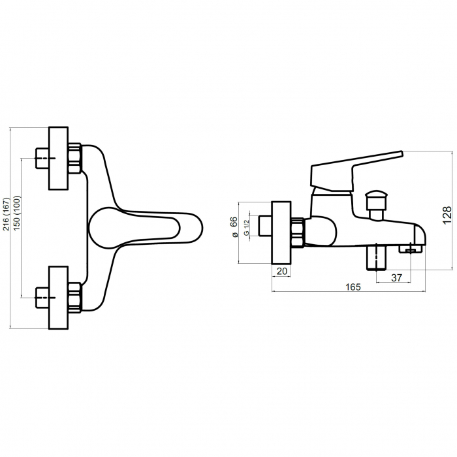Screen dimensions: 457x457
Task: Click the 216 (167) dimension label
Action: [x=7, y=213]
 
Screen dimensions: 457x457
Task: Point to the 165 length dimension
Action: [x=353, y=285]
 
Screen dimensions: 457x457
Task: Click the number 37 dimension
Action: [x=396, y=277]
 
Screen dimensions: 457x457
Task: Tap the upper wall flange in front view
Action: [x=58, y=158]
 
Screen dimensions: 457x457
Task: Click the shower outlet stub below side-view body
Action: [x=377, y=257]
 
